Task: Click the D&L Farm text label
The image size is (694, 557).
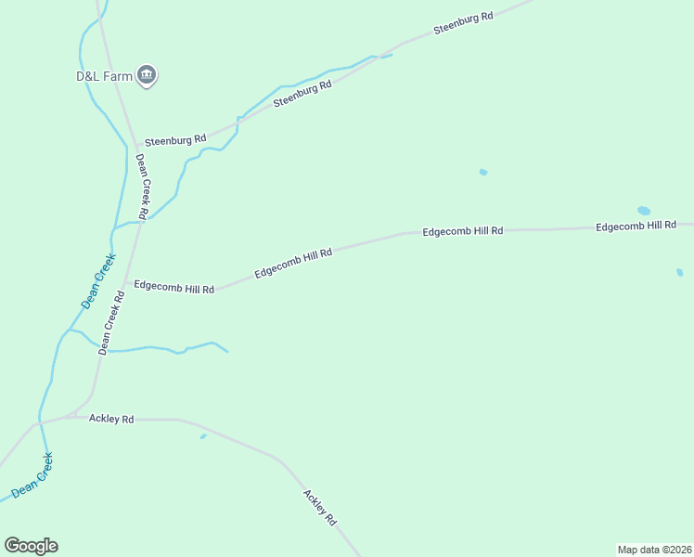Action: click(x=104, y=77)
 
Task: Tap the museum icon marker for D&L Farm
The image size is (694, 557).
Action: click(x=147, y=75)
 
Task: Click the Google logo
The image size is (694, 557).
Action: click(x=31, y=546)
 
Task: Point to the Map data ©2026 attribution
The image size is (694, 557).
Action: click(x=654, y=549)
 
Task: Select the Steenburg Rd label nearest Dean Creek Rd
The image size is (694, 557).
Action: click(x=174, y=140)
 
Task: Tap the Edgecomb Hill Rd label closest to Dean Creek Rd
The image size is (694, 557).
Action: click(x=174, y=287)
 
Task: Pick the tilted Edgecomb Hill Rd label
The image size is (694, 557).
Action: click(x=293, y=262)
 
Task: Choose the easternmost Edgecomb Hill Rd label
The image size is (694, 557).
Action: click(x=636, y=226)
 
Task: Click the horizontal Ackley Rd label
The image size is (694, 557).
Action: click(x=111, y=419)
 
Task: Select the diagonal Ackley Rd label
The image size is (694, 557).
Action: click(x=319, y=509)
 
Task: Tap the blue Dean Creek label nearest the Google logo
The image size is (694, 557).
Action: click(x=32, y=474)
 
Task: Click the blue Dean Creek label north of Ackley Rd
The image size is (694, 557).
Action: click(x=97, y=280)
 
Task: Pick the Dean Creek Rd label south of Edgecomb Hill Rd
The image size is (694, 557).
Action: click(x=111, y=322)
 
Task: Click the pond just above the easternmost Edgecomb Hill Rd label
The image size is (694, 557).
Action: click(x=644, y=211)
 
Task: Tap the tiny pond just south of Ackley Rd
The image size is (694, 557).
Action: click(x=203, y=436)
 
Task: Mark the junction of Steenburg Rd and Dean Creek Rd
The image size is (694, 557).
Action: click(x=136, y=149)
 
